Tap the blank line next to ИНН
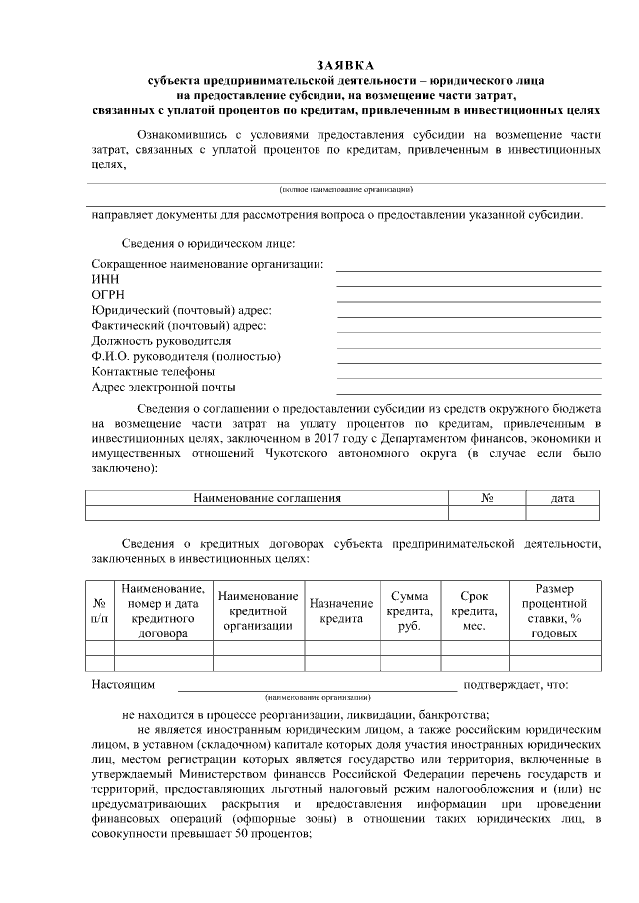[468, 285]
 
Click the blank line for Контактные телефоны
[468, 379]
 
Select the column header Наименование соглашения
[267, 497]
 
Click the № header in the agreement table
[488, 497]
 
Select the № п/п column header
[100, 611]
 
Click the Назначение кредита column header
[340, 611]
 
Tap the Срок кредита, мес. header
[474, 611]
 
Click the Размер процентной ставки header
[554, 611]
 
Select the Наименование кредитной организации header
[258, 611]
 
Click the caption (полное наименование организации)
[345, 189]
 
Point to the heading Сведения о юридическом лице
[208, 243]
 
